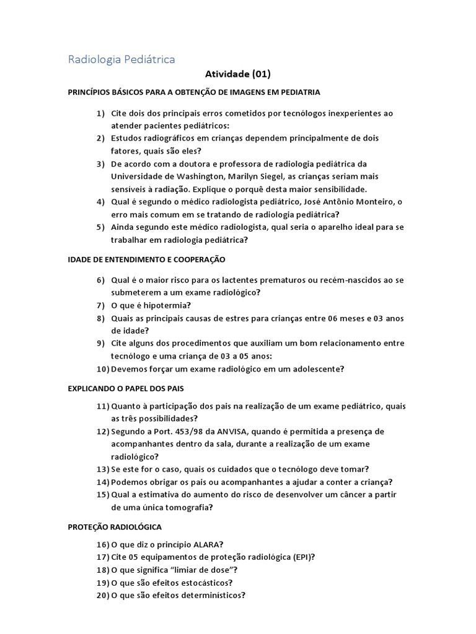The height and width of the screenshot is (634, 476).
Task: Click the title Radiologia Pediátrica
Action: (x=121, y=59)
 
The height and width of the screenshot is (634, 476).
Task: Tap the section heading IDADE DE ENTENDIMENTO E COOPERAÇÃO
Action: (x=146, y=259)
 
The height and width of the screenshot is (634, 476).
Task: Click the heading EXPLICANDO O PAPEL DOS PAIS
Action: (x=126, y=388)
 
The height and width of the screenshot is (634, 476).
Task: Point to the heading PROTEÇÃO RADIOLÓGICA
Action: (x=115, y=527)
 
